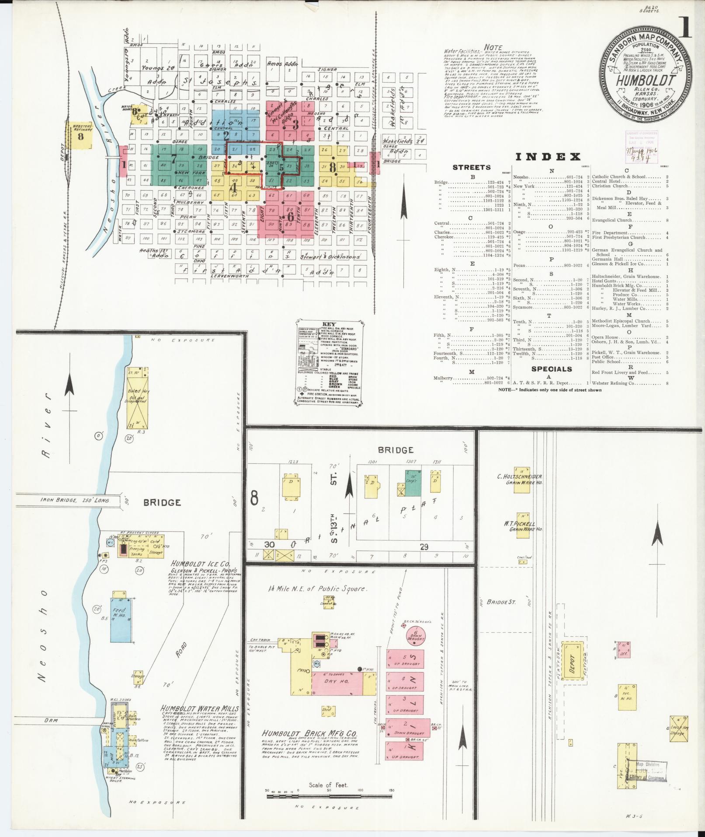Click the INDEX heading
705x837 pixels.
[x=548, y=157]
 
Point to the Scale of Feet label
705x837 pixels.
[x=328, y=785]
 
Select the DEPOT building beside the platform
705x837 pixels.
[x=571, y=667]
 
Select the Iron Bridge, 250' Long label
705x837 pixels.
[x=75, y=500]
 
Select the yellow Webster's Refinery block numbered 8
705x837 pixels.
[x=80, y=136]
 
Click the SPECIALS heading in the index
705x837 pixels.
[x=552, y=369]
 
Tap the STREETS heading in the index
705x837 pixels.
[x=472, y=167]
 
